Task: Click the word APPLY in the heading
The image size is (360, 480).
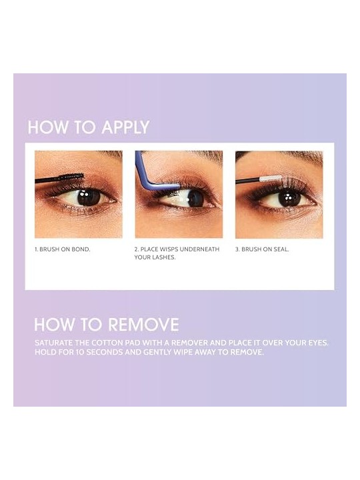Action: tap(125, 127)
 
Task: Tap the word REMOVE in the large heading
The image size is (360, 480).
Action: tap(143, 325)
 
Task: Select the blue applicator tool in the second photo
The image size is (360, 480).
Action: tap(152, 176)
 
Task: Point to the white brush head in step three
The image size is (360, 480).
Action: tap(270, 179)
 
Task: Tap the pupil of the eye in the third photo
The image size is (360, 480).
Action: tap(289, 199)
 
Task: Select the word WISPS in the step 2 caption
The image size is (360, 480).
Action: tap(169, 249)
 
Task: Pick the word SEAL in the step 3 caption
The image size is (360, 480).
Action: tap(281, 249)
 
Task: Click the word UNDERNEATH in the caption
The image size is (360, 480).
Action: tap(199, 249)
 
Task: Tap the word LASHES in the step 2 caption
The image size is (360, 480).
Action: tap(165, 257)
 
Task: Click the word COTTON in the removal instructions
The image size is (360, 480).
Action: tap(105, 343)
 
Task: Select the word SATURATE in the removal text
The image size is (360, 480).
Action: tap(53, 343)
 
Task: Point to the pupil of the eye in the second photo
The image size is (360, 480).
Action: tap(195, 199)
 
